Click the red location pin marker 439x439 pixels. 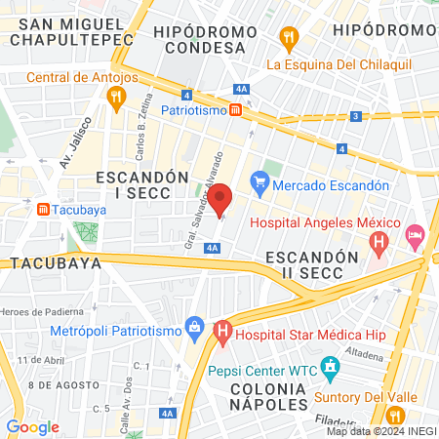tap(221, 199)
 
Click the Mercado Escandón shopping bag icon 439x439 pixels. tap(259, 183)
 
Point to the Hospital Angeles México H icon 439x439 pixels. tap(381, 240)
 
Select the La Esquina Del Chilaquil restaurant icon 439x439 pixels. tap(288, 39)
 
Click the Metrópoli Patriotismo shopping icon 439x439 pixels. tap(194, 326)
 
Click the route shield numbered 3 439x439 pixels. tap(357, 116)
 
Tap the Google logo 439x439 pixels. tap(33, 426)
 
